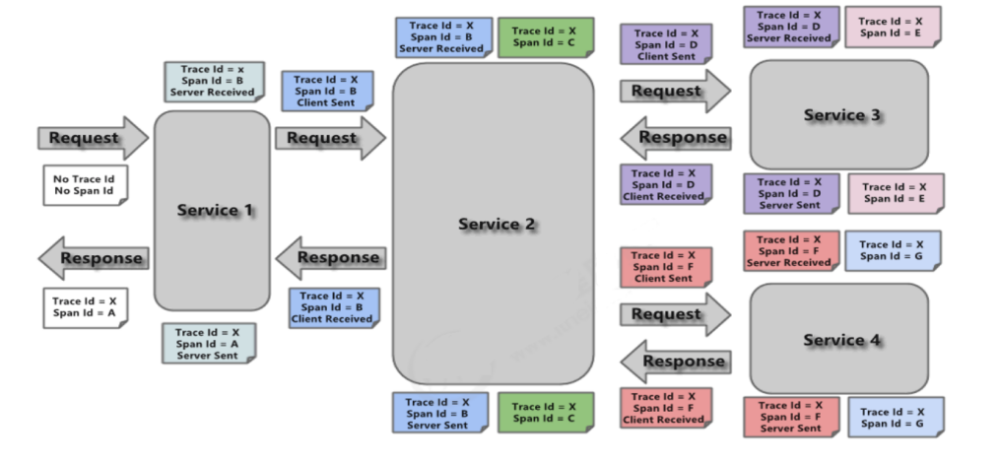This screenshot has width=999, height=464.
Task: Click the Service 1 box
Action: [212, 210]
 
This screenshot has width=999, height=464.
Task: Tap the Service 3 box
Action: [838, 114]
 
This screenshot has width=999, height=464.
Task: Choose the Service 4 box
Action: [838, 339]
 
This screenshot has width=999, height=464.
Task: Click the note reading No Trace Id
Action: [85, 185]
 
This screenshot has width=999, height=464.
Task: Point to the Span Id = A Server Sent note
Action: [209, 344]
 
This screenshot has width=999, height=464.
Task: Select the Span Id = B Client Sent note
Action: [326, 91]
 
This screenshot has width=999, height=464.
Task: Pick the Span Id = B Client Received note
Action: [332, 307]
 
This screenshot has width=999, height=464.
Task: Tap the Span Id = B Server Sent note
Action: [438, 414]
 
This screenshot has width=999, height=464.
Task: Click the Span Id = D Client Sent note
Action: [666, 45]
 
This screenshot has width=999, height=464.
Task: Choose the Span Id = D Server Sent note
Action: [790, 193]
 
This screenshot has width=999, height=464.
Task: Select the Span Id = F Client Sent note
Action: [665, 267]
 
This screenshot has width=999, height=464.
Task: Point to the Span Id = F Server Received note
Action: [790, 251]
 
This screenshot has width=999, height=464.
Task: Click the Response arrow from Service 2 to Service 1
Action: [330, 258]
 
